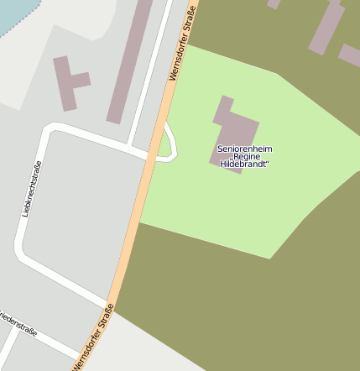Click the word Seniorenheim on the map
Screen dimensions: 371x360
(244, 149)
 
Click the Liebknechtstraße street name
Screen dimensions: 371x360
(31, 189)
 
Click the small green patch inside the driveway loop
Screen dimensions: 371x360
(164, 147)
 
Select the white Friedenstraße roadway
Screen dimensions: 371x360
(50, 337)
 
